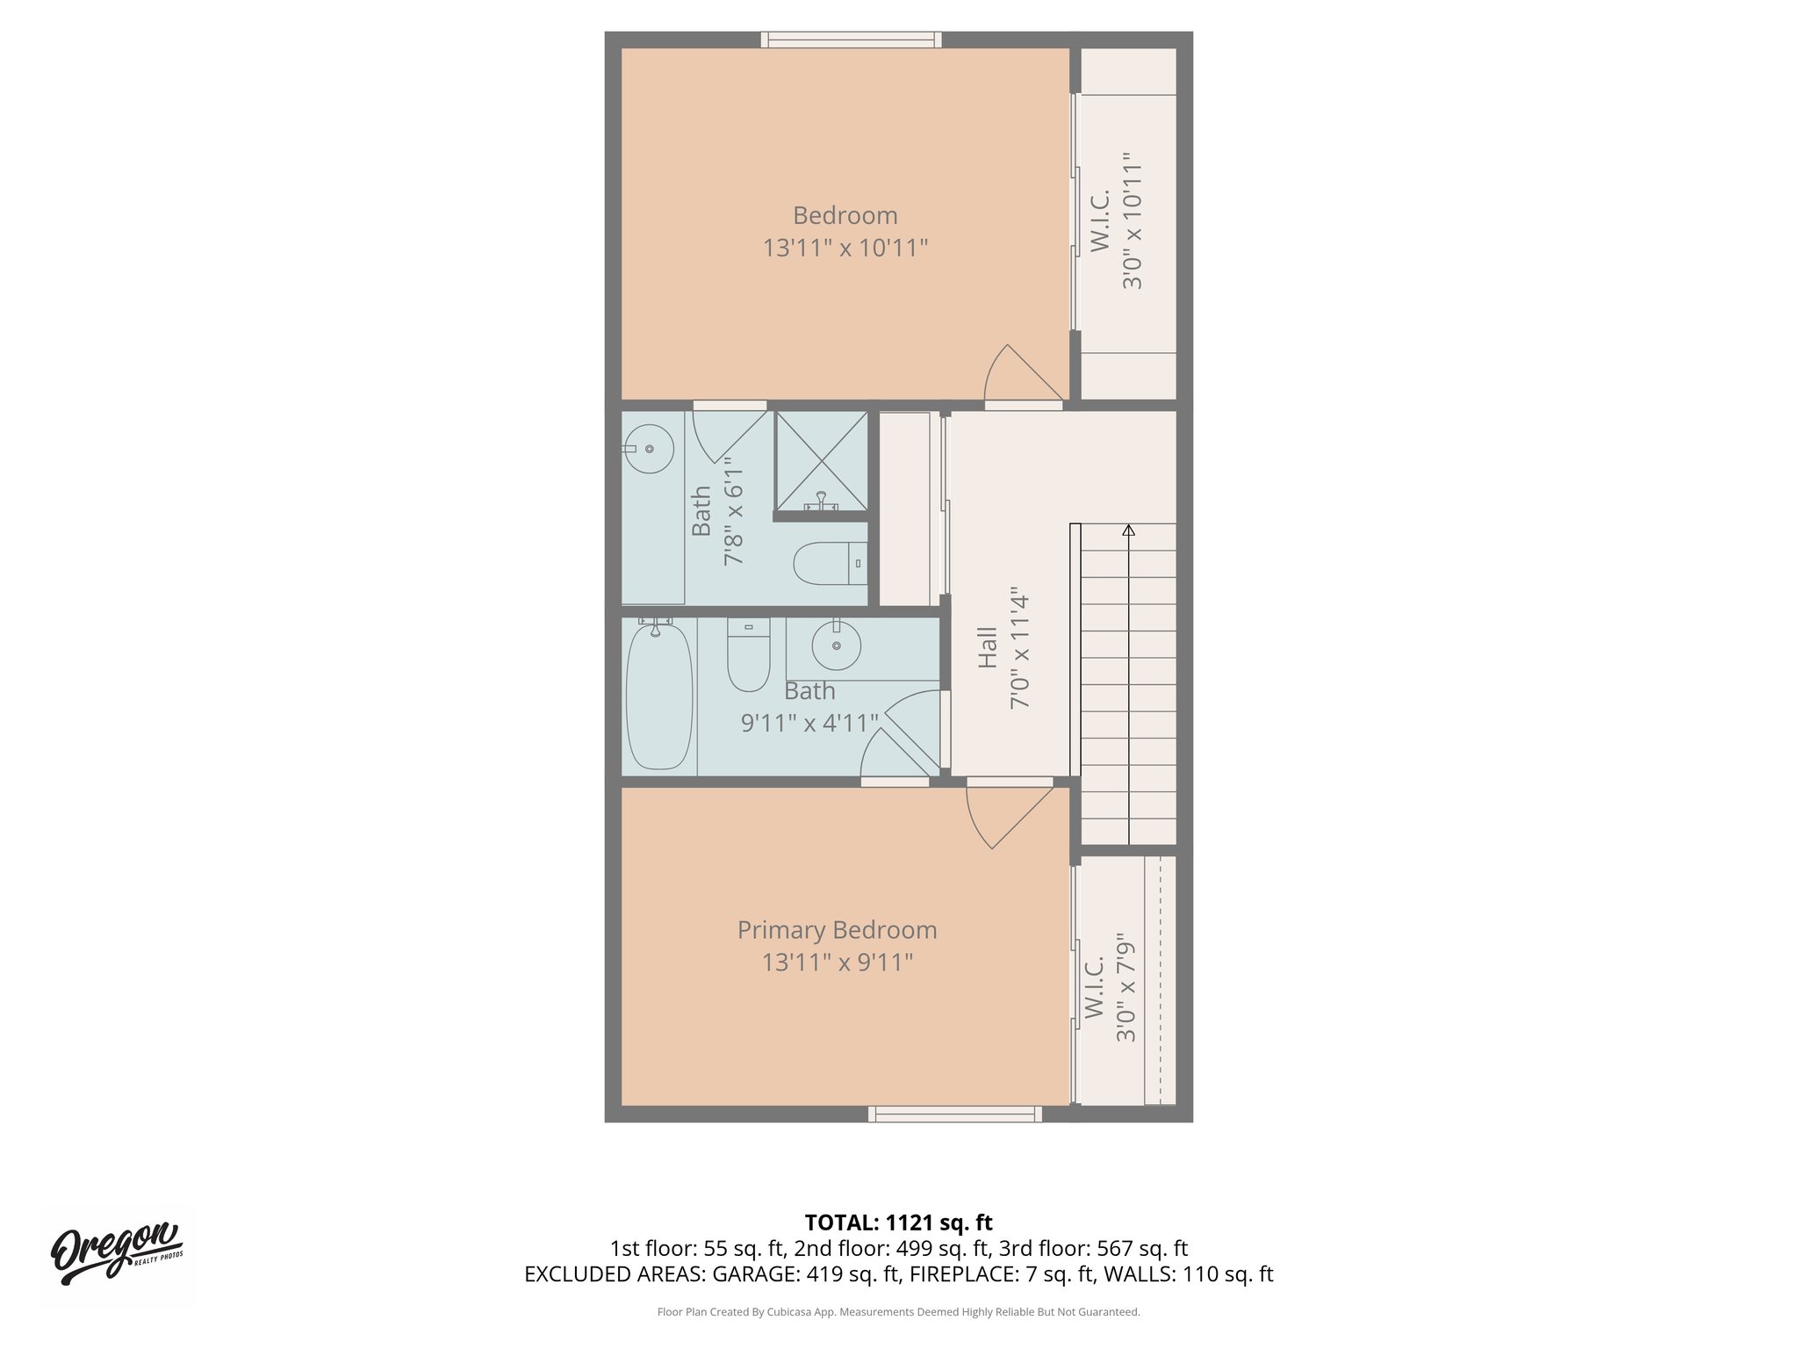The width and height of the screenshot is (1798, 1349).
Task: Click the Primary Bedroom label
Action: point(837,929)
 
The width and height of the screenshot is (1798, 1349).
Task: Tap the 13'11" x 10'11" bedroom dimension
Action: point(845,248)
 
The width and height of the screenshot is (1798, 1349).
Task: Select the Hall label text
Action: point(988,647)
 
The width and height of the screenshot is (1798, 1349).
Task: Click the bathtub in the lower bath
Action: point(659,696)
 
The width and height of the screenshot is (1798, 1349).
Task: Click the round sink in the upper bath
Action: point(649,449)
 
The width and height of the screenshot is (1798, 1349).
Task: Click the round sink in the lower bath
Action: point(836,646)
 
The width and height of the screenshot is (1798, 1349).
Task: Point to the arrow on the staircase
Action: point(1128,530)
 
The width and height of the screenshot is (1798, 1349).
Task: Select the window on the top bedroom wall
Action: point(851,40)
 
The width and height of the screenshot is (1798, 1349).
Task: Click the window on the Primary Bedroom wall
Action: point(955,1114)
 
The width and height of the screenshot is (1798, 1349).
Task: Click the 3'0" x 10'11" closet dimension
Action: point(1133,221)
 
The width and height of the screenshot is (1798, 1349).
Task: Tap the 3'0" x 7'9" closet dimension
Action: point(1126,988)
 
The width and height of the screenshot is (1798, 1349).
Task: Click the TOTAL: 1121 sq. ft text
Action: point(898,1223)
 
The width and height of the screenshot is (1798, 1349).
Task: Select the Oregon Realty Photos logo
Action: point(118,1253)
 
